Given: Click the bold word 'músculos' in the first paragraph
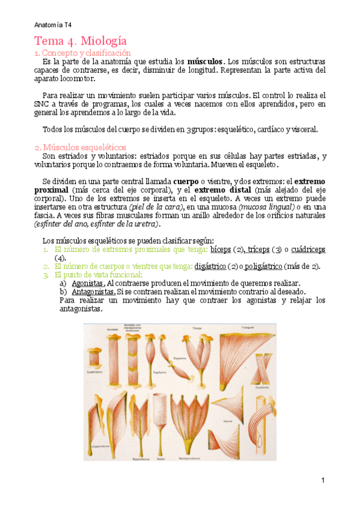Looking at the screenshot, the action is pos(206,62).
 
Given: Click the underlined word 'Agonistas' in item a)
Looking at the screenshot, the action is pos(87,283).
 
